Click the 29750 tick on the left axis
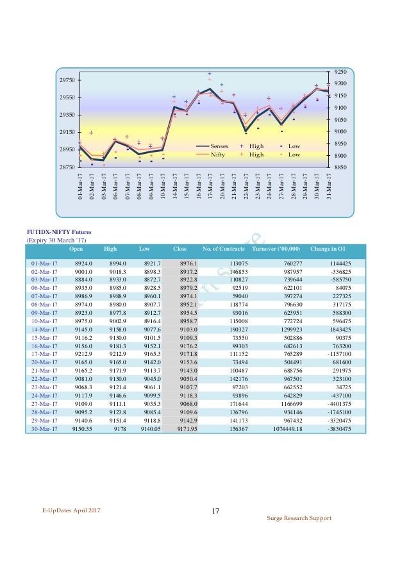click(65, 80)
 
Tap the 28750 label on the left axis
click(65, 167)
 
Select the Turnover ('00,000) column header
click(276, 248)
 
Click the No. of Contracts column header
click(223, 248)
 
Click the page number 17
click(215, 511)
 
